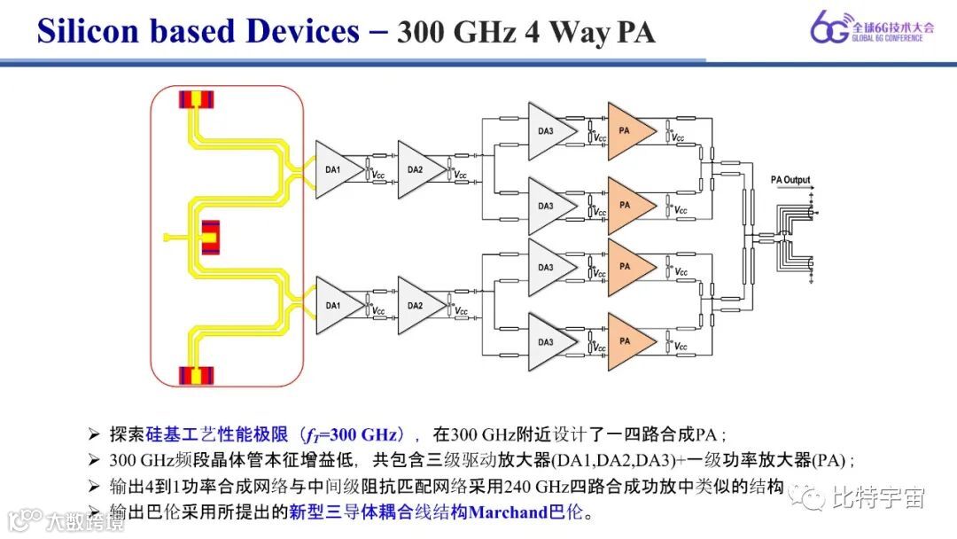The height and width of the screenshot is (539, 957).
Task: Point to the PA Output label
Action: pos(790,180)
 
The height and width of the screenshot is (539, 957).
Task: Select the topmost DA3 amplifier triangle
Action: pos(548,130)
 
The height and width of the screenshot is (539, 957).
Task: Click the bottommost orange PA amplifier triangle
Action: pos(630,341)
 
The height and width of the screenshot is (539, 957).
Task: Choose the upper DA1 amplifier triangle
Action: pos(338,169)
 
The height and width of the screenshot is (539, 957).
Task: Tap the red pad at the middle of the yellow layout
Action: pos(210,236)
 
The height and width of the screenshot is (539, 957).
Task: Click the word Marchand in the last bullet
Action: pos(512,512)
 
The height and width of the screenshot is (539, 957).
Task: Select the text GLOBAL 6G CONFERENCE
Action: pos(886,38)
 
